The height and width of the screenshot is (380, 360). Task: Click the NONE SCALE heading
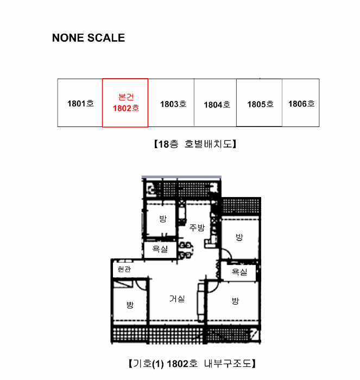pos(89,38)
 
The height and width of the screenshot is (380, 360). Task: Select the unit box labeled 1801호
pos(80,103)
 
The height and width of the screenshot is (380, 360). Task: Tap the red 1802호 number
pos(126,108)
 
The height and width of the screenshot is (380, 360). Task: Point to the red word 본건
pos(126,97)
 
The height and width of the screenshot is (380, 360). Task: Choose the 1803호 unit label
pos(173,104)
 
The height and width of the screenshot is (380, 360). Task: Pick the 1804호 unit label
pos(217,105)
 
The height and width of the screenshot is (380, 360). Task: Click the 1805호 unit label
pos(261,104)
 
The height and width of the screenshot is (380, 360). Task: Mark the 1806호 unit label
pos(301,104)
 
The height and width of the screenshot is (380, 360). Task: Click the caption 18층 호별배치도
pos(195,144)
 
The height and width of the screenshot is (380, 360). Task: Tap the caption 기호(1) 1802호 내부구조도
pos(192,364)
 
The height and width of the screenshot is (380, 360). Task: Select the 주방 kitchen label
pos(197,227)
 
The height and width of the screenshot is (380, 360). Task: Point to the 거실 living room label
pos(177,299)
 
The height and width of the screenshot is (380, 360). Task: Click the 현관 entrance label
pos(124,269)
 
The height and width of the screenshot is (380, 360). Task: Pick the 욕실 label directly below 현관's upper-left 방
pos(160,249)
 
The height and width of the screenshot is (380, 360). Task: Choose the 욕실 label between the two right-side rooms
pos(239,272)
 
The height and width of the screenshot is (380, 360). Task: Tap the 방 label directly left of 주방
pos(163,219)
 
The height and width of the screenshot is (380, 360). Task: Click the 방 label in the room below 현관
pos(130,305)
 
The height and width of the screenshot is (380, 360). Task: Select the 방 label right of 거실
pos(235,301)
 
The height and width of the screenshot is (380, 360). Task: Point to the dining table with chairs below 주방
pos(186,250)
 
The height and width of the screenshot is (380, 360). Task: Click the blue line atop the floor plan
pos(181,177)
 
